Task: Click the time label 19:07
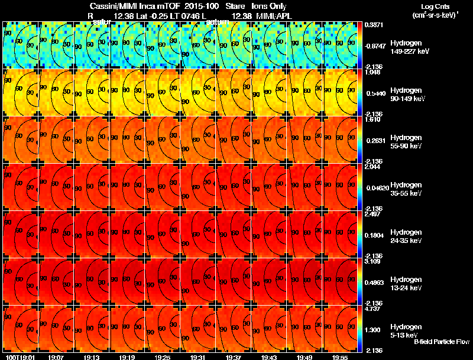[56, 357]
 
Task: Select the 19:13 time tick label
[92, 357]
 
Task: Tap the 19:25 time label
[163, 357]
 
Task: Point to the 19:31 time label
[198, 357]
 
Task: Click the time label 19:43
[270, 357]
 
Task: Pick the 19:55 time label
[341, 357]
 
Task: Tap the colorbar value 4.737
[373, 309]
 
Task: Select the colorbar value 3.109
[373, 261]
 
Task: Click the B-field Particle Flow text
[442, 342]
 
